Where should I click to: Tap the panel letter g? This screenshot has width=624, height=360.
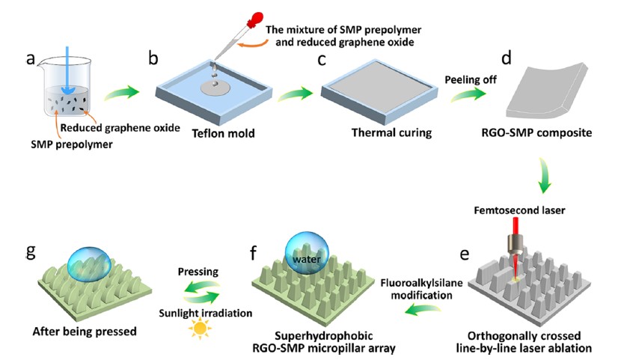pyautogui.click(x=31, y=250)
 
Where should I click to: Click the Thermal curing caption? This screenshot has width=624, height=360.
pyautogui.click(x=382, y=134)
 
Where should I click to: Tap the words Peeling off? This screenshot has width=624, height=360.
pyautogui.click(x=470, y=77)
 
